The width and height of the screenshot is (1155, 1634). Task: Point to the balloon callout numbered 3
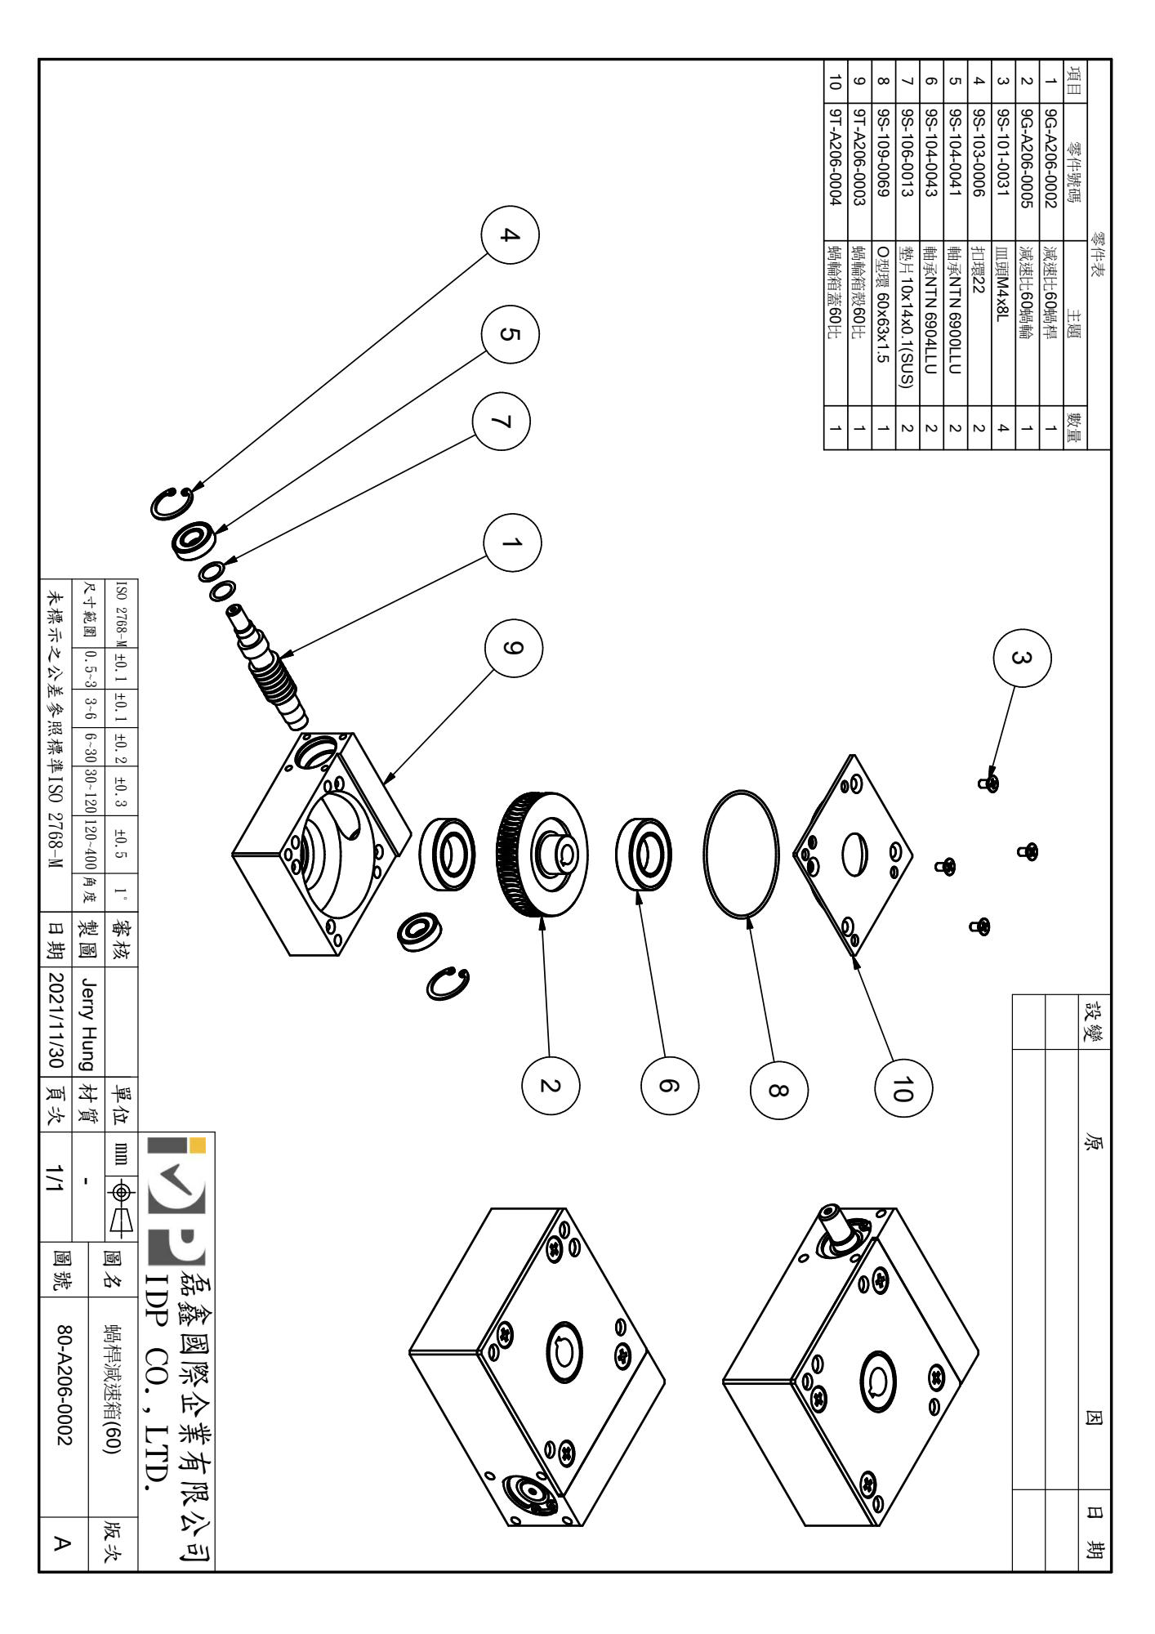click(x=1021, y=657)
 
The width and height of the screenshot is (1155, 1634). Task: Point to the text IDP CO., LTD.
click(x=157, y=1389)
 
